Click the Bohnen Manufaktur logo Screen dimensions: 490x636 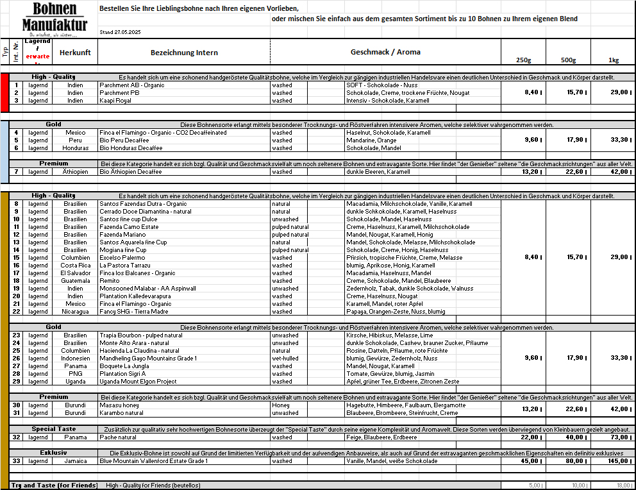[54, 18]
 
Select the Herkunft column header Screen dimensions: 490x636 [75, 53]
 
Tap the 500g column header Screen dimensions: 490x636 [568, 60]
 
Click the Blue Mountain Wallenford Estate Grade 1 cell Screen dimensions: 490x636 [153, 460]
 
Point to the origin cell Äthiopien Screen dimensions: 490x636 [75, 172]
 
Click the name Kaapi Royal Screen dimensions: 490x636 [115, 101]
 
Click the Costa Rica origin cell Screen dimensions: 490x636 [75, 266]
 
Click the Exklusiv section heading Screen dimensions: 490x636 [54, 453]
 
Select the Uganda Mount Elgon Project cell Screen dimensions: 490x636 [138, 382]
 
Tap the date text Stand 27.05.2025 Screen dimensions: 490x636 [121, 31]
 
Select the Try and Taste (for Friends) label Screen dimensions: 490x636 [54, 486]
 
